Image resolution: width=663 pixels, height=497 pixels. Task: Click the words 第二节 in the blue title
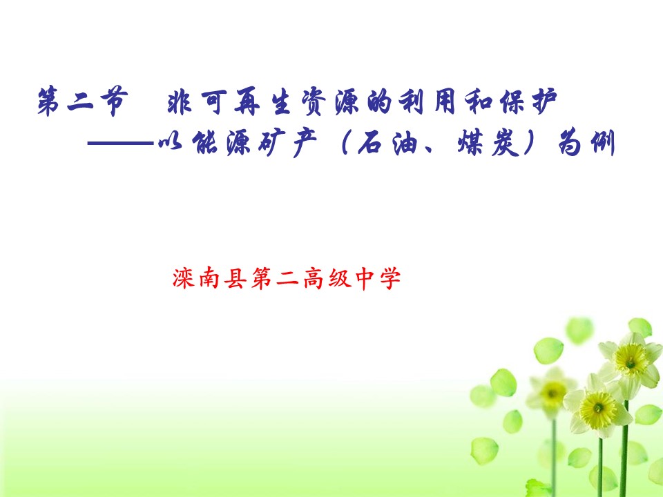coord(81,104)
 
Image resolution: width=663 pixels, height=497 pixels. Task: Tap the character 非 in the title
coord(181,104)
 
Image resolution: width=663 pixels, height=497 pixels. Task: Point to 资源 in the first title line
coord(337,104)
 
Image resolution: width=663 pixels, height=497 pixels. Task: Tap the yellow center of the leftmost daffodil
coord(552,392)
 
